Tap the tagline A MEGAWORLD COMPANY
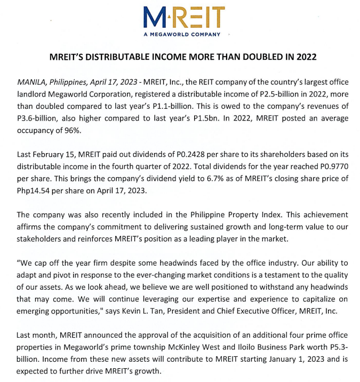(181, 35)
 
